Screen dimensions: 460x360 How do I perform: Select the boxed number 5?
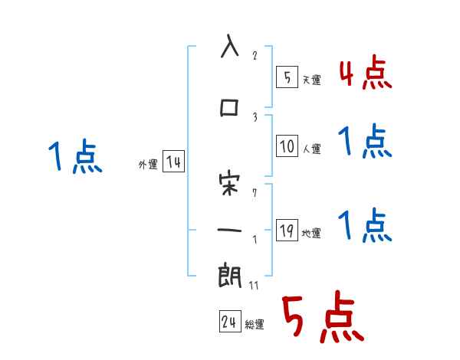coord(286,77)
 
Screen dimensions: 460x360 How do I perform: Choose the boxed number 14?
coord(173,162)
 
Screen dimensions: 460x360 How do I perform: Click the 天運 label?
coord(311,80)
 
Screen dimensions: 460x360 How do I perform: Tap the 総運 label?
coord(255,325)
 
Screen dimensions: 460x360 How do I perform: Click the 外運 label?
coord(147,165)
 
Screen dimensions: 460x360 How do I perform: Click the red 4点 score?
coord(365,74)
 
